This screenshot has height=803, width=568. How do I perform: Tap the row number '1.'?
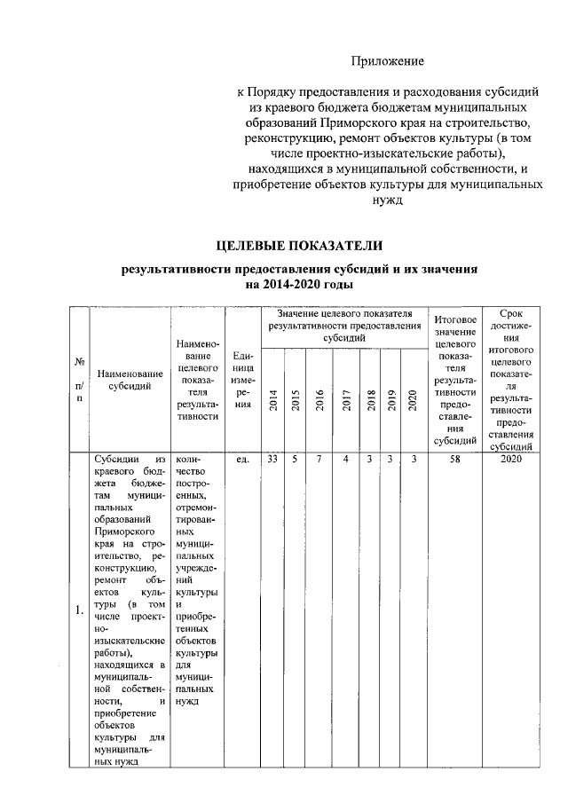79,609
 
